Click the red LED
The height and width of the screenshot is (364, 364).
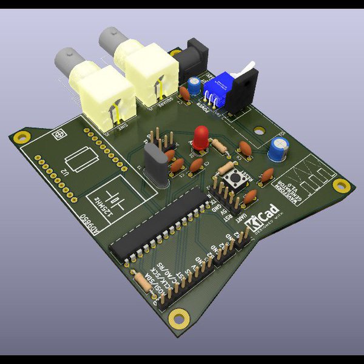tap(201, 136)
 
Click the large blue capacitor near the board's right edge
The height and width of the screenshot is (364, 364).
tap(279, 149)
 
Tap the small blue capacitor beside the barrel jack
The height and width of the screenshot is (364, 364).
tap(194, 84)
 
